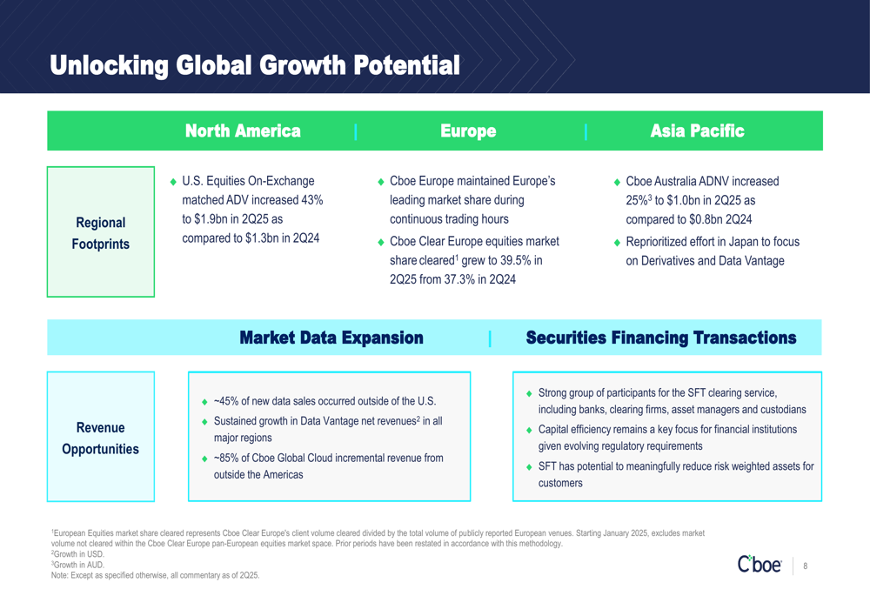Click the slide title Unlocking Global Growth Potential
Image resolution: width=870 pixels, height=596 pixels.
(255, 65)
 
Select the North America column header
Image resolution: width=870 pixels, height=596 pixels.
(243, 131)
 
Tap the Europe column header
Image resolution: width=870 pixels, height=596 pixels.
(468, 131)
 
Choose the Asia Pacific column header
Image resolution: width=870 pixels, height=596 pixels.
(698, 131)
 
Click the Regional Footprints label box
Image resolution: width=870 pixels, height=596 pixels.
(100, 232)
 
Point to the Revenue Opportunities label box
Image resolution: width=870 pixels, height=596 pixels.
(100, 437)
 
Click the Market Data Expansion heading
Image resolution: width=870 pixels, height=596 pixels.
(331, 338)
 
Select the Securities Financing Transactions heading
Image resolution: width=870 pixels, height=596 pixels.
(661, 338)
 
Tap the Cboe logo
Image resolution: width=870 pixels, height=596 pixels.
(760, 565)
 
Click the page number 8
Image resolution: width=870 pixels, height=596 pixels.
(805, 566)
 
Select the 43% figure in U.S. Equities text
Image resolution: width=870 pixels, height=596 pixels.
(311, 200)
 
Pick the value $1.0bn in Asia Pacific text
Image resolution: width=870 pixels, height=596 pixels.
(683, 200)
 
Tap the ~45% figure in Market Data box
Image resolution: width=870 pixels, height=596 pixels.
(226, 401)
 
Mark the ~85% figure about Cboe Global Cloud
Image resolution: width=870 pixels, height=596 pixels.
(226, 458)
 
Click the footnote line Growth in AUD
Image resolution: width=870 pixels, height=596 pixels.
(77, 565)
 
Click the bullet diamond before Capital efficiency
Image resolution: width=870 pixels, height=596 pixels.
(529, 430)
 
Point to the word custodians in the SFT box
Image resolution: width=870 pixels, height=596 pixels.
(784, 410)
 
